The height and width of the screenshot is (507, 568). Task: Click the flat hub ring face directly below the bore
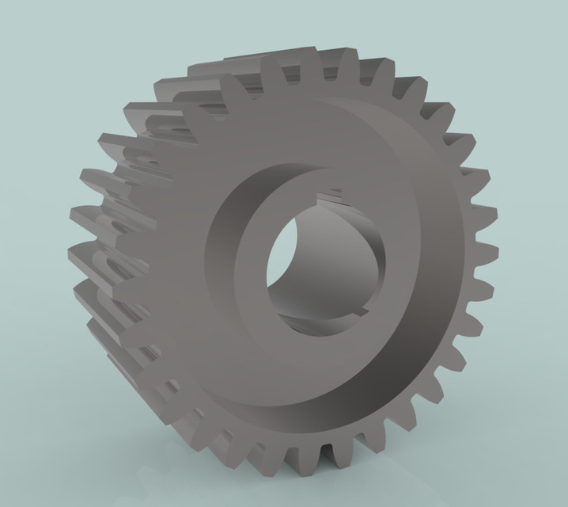pos(316,356)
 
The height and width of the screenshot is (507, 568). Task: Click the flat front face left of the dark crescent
pos(170,261)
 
